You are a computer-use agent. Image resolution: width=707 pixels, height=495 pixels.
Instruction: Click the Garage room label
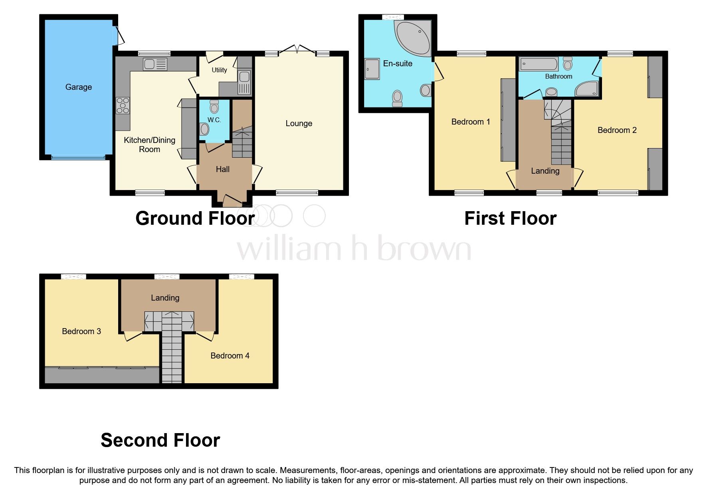point(78,87)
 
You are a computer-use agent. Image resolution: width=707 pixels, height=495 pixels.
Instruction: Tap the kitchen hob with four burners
point(123,105)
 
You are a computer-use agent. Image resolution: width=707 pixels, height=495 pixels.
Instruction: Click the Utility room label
point(219,70)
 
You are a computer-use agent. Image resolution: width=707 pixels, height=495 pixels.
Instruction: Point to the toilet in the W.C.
point(214,107)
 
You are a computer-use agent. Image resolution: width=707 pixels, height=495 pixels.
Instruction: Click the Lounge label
point(299,124)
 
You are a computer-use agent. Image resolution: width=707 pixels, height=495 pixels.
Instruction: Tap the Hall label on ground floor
point(222,169)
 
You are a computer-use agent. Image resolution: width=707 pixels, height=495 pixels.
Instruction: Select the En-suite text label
point(398,63)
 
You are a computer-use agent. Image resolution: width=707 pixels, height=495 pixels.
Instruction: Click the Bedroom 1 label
point(471,122)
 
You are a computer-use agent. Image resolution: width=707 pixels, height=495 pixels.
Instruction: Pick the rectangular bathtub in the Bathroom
point(539,65)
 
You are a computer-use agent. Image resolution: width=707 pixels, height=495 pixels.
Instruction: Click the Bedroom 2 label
point(617,130)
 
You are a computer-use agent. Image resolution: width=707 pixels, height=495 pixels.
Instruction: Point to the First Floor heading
point(510,218)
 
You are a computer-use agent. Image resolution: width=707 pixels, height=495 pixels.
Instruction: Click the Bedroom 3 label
point(81,331)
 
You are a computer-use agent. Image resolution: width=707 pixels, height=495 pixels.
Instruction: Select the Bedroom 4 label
point(230,356)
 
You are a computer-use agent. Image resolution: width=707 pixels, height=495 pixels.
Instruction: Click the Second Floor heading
point(160,440)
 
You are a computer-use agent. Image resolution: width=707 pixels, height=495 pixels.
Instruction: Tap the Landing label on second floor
point(165,298)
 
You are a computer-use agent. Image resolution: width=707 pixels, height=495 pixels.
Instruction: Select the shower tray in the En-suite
point(372,69)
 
